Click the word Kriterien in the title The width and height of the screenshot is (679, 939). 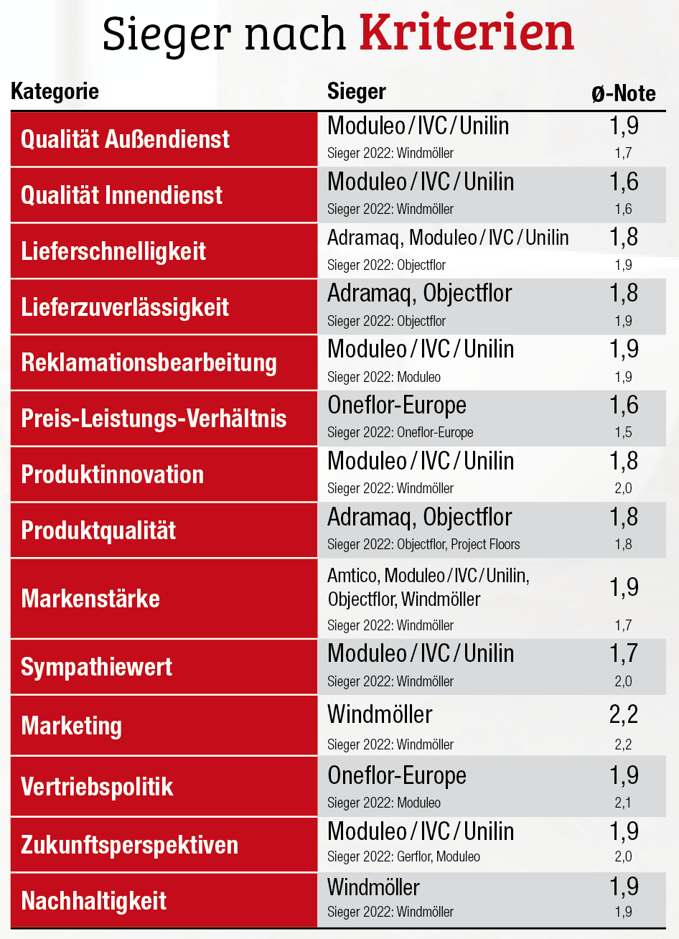click(x=467, y=33)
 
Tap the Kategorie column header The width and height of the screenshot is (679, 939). click(x=55, y=92)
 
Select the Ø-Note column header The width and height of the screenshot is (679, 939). click(x=623, y=93)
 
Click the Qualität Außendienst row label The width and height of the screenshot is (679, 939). click(x=125, y=139)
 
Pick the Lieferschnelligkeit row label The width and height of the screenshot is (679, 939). click(x=113, y=251)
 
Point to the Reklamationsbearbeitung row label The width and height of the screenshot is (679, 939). click(x=149, y=363)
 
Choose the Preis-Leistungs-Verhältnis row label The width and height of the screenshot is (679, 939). click(x=154, y=419)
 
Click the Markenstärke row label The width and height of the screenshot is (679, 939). click(x=90, y=599)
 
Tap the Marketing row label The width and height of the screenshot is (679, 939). click(x=71, y=726)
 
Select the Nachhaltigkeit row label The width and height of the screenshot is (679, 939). click(x=93, y=901)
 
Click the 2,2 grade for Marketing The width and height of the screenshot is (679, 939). click(x=623, y=714)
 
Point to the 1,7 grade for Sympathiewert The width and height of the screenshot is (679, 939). click(x=623, y=654)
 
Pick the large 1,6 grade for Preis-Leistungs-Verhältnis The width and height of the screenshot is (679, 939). click(x=623, y=405)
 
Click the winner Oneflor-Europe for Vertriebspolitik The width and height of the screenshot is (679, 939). click(x=396, y=776)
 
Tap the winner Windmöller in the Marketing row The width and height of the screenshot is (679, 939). click(x=380, y=715)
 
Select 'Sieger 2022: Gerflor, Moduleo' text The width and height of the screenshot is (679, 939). click(x=403, y=856)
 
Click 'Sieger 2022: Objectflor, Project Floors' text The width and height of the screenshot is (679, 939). click(x=423, y=544)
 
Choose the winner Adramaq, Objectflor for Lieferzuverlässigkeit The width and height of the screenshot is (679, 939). click(x=419, y=294)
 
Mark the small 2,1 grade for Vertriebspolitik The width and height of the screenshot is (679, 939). click(x=623, y=803)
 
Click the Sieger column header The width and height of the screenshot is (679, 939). click(x=356, y=92)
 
